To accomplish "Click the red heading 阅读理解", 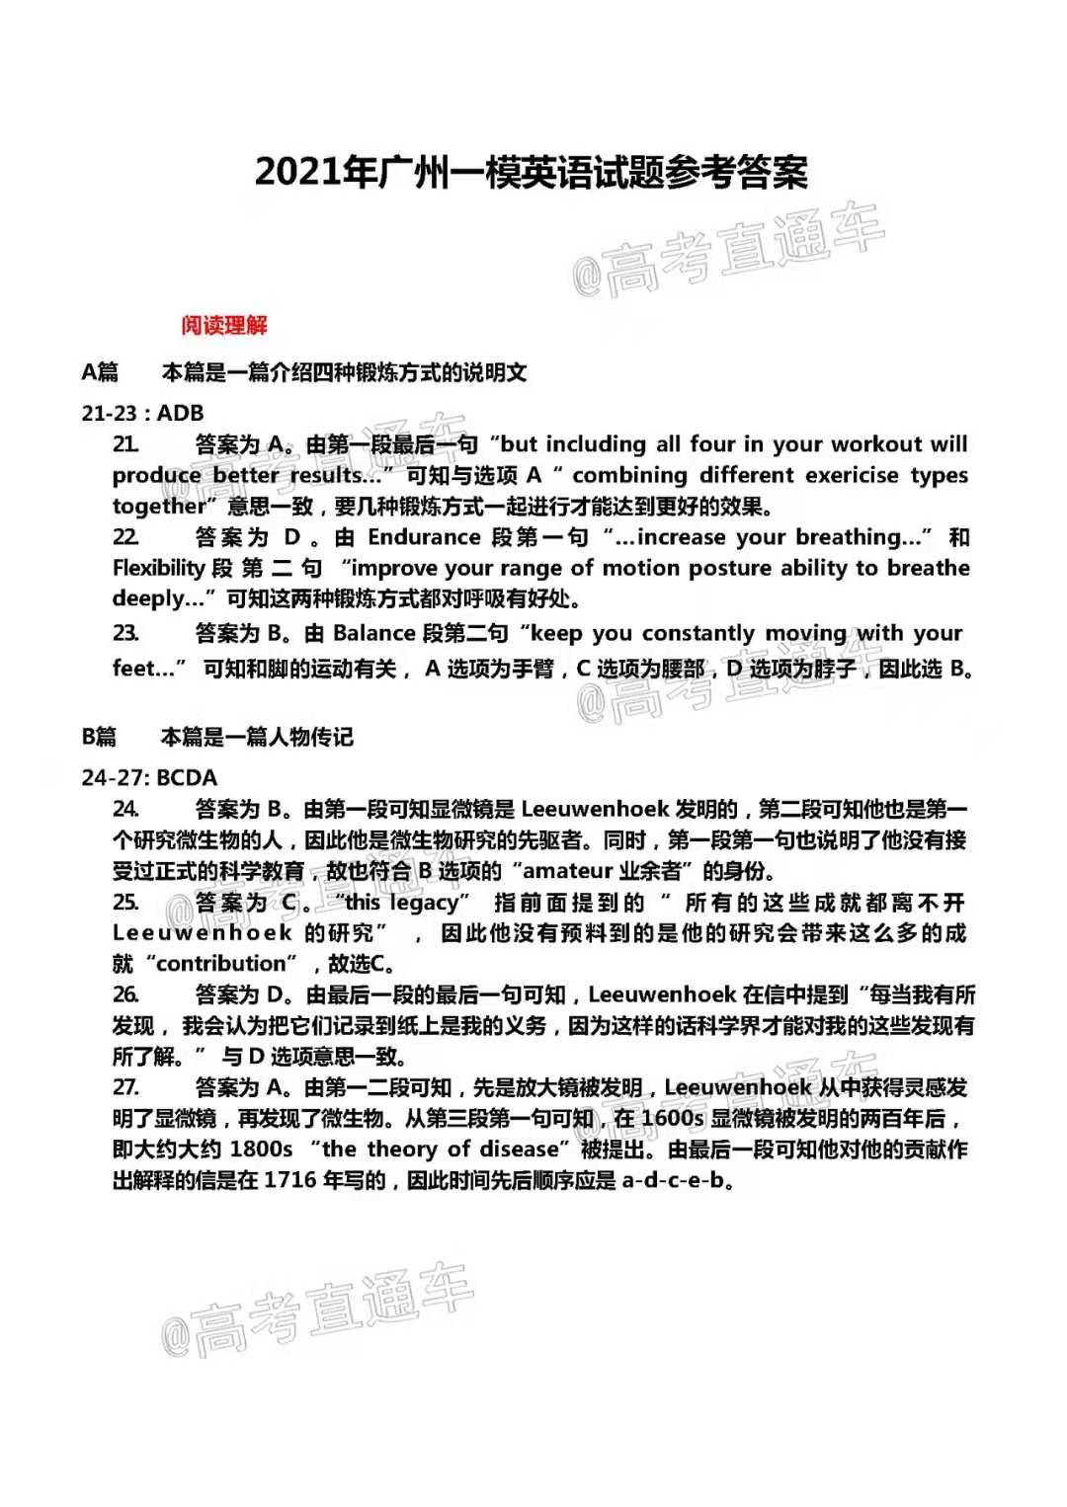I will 224,325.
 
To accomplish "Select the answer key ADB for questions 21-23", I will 181,413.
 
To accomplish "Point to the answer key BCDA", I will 187,777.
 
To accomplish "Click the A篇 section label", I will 100,372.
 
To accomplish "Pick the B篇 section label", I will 99,737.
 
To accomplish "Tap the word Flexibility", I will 158,568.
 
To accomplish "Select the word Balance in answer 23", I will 374,633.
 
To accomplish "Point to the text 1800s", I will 261,1150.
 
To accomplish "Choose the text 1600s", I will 672,1118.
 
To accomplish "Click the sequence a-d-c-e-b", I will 675,1180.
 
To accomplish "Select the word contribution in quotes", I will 221,964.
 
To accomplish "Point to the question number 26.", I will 125,994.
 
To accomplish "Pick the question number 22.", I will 125,537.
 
